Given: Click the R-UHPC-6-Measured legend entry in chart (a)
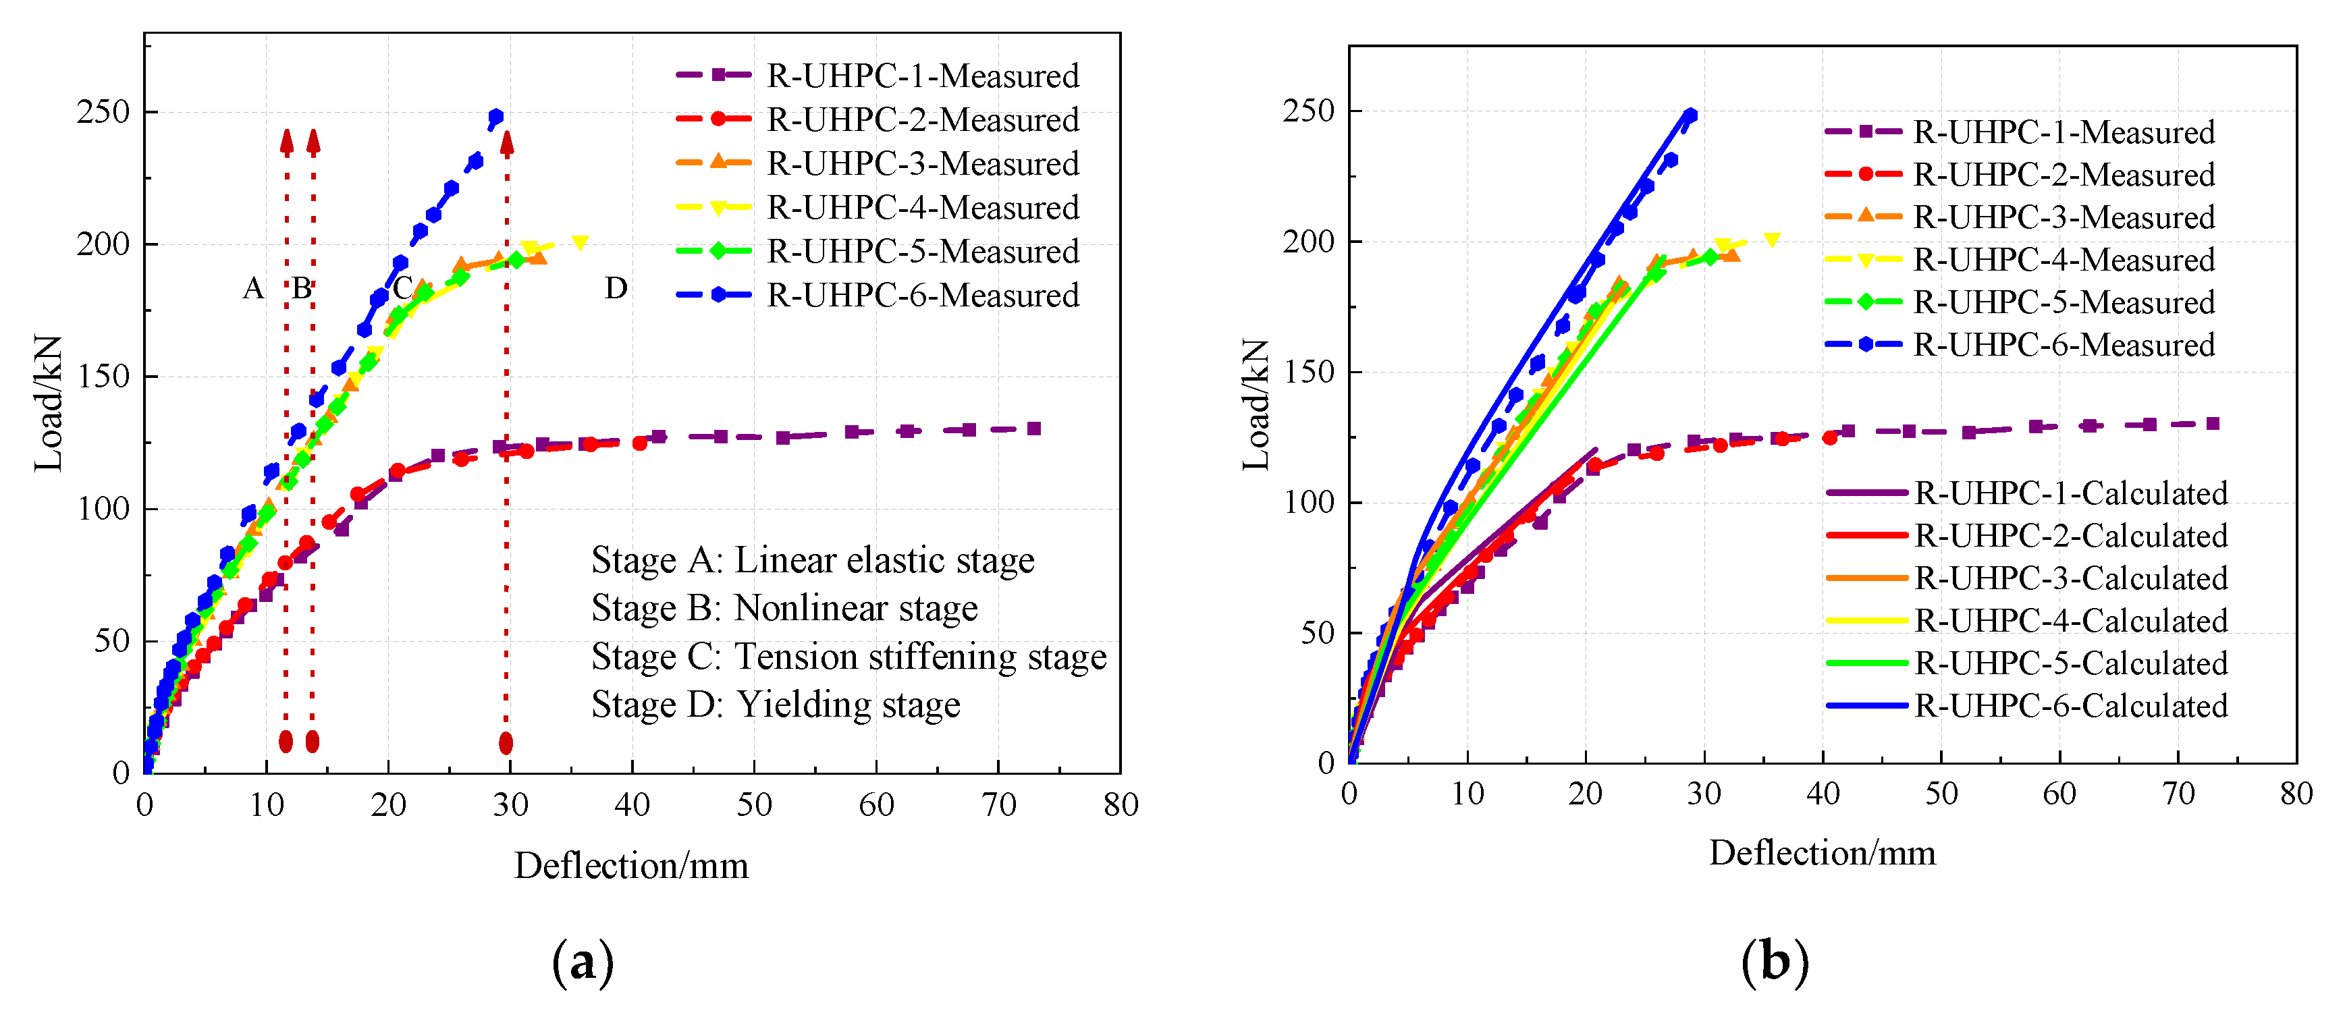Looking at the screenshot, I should [921, 295].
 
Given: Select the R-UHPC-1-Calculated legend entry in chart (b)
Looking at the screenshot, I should [2070, 493].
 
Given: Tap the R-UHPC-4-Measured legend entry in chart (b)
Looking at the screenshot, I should [2063, 260].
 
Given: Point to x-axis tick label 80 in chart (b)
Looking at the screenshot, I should [2296, 794].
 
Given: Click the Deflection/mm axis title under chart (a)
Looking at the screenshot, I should [631, 865].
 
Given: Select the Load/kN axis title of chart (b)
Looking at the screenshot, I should [1256, 404].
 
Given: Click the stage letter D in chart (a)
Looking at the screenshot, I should [616, 289].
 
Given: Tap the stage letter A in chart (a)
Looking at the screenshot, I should [252, 289].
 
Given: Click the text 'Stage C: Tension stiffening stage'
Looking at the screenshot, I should [848, 657].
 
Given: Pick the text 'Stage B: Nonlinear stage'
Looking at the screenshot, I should [784, 608].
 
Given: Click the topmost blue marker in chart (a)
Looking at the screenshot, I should [496, 117].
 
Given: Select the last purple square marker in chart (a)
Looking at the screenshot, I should [1034, 428].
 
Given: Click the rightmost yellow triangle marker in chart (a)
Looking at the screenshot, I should [579, 242].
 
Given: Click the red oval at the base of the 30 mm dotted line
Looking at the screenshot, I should [506, 743].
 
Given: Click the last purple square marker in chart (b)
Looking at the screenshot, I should [2213, 423].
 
